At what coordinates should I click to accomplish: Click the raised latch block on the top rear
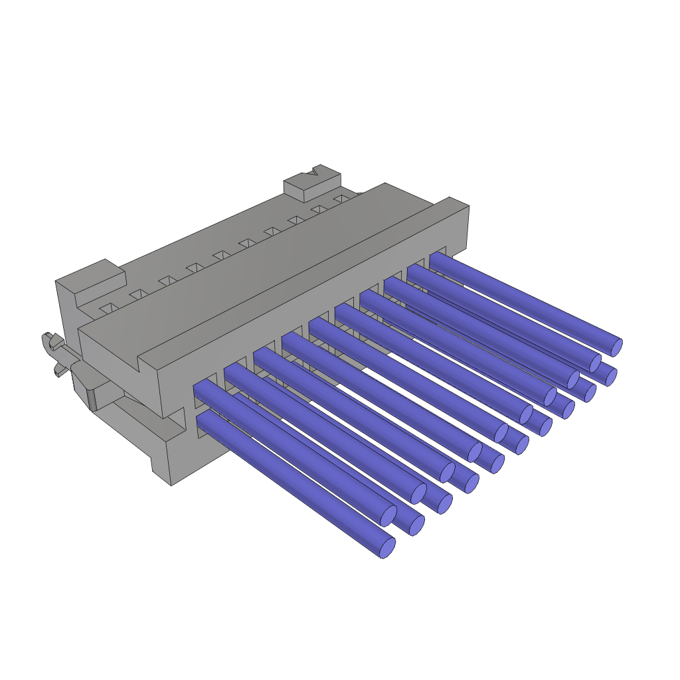pyautogui.click(x=312, y=185)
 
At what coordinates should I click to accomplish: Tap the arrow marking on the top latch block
pyautogui.click(x=313, y=172)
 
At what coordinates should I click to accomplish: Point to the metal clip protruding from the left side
pyautogui.click(x=56, y=352)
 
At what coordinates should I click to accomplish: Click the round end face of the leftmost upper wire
pyautogui.click(x=388, y=515)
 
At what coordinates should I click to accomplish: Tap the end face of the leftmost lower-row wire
pyautogui.click(x=387, y=548)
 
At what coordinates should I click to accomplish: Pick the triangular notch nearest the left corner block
pyautogui.click(x=109, y=308)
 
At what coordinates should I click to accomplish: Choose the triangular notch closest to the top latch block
pyautogui.click(x=341, y=199)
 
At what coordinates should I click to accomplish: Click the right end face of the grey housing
pyautogui.click(x=458, y=229)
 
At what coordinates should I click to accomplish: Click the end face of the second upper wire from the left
pyautogui.click(x=418, y=493)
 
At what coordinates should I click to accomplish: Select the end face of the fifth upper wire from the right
pyautogui.click(x=526, y=414)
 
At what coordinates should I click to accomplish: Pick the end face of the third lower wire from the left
pyautogui.click(x=445, y=504)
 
